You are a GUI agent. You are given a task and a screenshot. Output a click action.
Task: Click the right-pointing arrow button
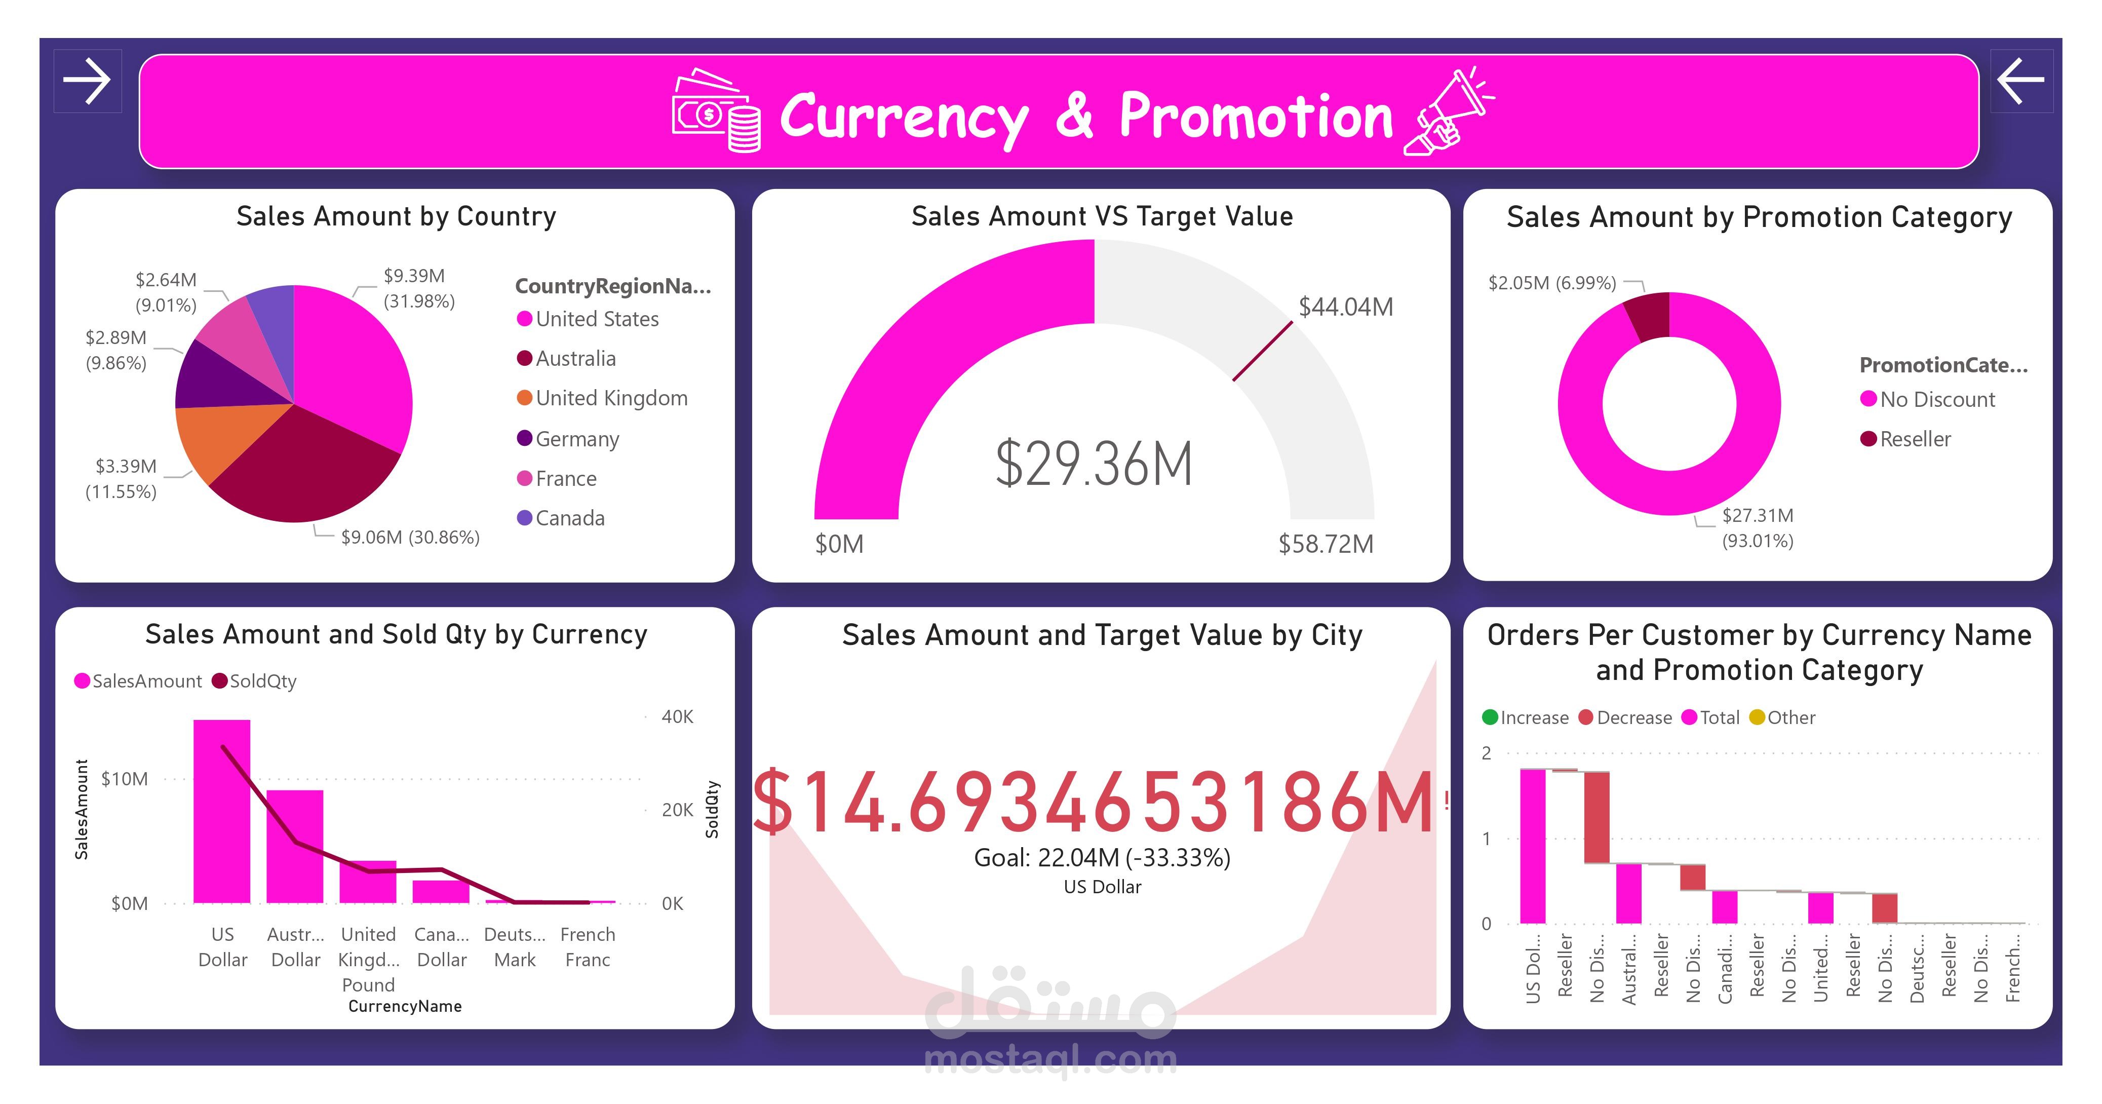click(x=87, y=81)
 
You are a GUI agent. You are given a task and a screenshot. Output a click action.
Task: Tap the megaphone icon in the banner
click(x=1449, y=112)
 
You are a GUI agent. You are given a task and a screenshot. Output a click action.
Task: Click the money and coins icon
click(x=716, y=112)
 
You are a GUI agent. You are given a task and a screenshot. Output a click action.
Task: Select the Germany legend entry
click(x=576, y=439)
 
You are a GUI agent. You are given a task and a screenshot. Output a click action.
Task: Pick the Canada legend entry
click(x=569, y=518)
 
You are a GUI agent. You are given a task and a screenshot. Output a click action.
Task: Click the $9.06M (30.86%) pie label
click(x=410, y=537)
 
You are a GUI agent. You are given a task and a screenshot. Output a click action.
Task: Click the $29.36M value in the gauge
click(x=1094, y=464)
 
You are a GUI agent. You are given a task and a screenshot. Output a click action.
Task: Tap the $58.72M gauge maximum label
click(x=1325, y=544)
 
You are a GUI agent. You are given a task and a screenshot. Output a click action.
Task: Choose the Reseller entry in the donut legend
click(x=1914, y=439)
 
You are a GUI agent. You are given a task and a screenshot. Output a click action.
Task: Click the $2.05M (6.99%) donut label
click(x=1551, y=283)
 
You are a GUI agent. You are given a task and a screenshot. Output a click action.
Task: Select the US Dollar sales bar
click(x=222, y=811)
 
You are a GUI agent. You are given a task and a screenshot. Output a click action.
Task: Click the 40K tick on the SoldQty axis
click(x=677, y=716)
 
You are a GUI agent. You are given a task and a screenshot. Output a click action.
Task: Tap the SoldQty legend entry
click(x=262, y=681)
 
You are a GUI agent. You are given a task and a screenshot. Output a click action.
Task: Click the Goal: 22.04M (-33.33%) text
click(x=1102, y=858)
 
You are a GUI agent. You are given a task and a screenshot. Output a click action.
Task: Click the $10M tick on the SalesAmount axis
click(x=125, y=779)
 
